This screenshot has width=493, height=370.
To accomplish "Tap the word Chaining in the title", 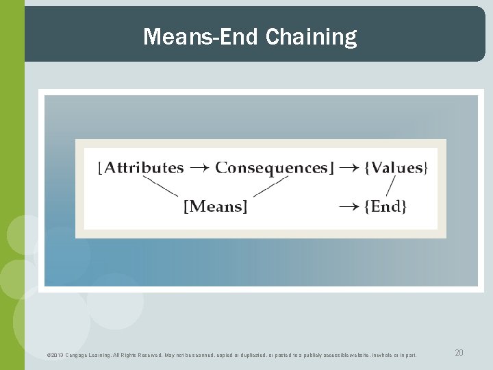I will tap(311, 38).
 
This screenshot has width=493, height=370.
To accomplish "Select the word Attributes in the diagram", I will tap(144, 168).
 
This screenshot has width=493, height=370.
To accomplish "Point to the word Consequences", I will tap(273, 169).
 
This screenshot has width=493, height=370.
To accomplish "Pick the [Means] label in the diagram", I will tap(215, 206).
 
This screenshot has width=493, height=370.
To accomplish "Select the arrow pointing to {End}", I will tap(350, 206).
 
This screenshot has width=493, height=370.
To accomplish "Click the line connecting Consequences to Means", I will tap(270, 186).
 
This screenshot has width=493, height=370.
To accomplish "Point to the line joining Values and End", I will tap(391, 186).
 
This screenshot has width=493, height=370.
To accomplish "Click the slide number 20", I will tap(459, 352).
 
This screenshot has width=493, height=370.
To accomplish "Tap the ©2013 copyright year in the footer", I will tap(53, 354).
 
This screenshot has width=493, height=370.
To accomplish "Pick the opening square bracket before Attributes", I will tap(101, 169).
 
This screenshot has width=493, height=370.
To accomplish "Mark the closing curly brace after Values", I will tap(426, 169).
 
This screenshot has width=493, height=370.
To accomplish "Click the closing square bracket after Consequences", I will tap(331, 169).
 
